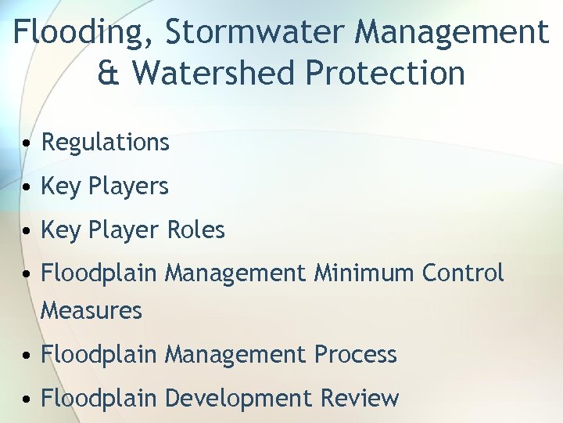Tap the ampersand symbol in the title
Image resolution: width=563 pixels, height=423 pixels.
(107, 73)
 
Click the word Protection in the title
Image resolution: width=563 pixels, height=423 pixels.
(385, 73)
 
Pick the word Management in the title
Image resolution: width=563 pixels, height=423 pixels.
(451, 33)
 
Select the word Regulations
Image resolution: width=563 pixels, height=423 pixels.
(105, 142)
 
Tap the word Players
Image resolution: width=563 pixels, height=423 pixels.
(128, 186)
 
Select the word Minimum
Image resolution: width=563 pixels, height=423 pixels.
(364, 273)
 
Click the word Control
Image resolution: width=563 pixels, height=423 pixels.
(463, 273)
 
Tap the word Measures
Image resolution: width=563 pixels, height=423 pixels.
(91, 310)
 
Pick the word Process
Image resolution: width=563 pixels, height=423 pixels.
(356, 354)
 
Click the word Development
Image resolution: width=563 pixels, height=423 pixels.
(238, 398)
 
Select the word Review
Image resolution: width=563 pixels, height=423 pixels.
(360, 398)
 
